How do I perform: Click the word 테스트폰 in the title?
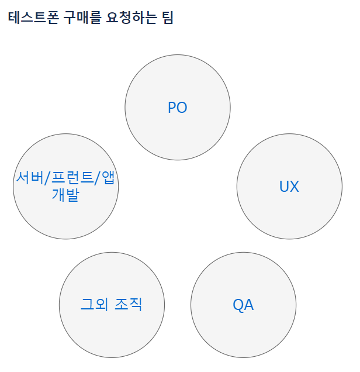click(x=33, y=18)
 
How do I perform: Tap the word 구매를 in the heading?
click(x=82, y=18)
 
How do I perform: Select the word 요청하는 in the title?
click(x=131, y=18)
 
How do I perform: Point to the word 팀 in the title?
click(x=168, y=18)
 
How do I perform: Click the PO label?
click(x=178, y=108)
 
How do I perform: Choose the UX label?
click(x=289, y=186)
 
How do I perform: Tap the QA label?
click(x=243, y=305)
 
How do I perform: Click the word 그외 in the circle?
click(x=95, y=304)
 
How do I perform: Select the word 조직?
click(x=128, y=304)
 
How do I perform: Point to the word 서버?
click(x=30, y=177)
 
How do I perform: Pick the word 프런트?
click(x=72, y=177)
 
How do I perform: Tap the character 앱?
click(x=108, y=177)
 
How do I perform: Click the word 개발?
click(x=65, y=195)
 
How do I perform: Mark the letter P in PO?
click(x=172, y=108)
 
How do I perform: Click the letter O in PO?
click(x=182, y=108)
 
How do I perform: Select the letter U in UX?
click(x=284, y=186)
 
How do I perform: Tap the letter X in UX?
click(x=295, y=186)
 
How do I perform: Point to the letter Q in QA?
click(x=238, y=305)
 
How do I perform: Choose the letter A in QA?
click(x=248, y=305)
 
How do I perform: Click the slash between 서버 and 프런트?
click(x=48, y=178)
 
